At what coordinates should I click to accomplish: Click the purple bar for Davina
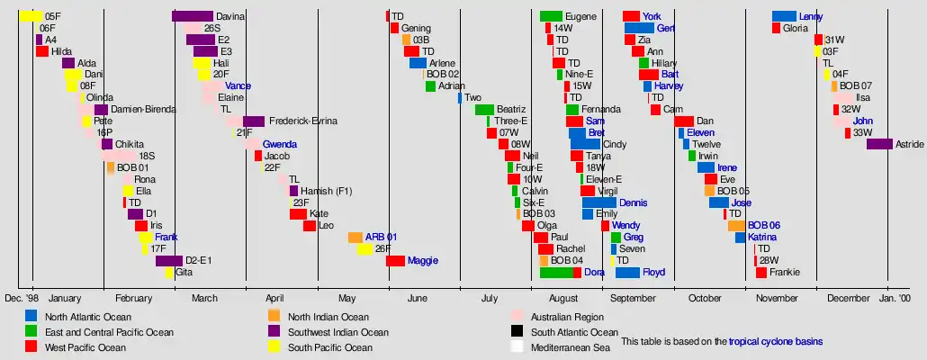click(192, 16)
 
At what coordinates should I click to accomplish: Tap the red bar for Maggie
click(395, 261)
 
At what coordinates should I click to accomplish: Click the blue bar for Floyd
click(627, 273)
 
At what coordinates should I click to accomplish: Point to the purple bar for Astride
click(879, 144)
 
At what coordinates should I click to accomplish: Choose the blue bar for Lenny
click(784, 16)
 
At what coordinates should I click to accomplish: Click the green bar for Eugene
click(551, 16)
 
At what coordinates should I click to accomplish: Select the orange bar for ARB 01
click(355, 238)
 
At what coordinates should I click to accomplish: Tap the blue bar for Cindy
click(585, 144)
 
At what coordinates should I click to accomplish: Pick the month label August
click(562, 298)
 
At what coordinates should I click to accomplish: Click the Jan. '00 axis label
click(895, 298)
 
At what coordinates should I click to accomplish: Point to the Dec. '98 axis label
click(22, 298)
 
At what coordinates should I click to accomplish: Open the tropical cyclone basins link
click(775, 342)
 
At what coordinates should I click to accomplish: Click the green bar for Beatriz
click(484, 110)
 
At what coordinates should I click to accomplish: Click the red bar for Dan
click(683, 121)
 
